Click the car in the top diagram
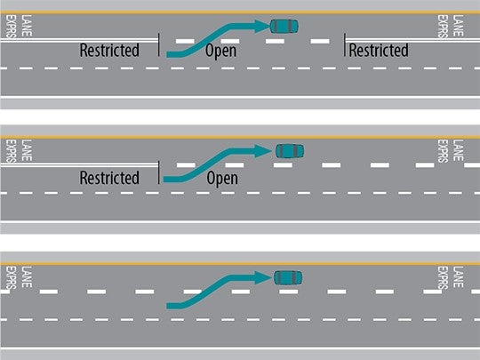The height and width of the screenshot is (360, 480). click(284, 25)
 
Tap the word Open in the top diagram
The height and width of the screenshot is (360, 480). click(221, 51)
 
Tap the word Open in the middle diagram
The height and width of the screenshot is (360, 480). click(222, 178)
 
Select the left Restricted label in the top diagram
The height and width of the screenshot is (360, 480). click(109, 51)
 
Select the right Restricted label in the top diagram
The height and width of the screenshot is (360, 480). click(379, 51)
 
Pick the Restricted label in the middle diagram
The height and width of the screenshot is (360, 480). click(109, 178)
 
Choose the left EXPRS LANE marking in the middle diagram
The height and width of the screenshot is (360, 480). click(12, 152)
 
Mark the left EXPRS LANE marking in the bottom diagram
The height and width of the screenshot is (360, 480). click(12, 277)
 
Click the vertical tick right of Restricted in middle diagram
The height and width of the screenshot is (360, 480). click(159, 172)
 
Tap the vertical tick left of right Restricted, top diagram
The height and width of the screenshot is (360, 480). click(345, 44)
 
